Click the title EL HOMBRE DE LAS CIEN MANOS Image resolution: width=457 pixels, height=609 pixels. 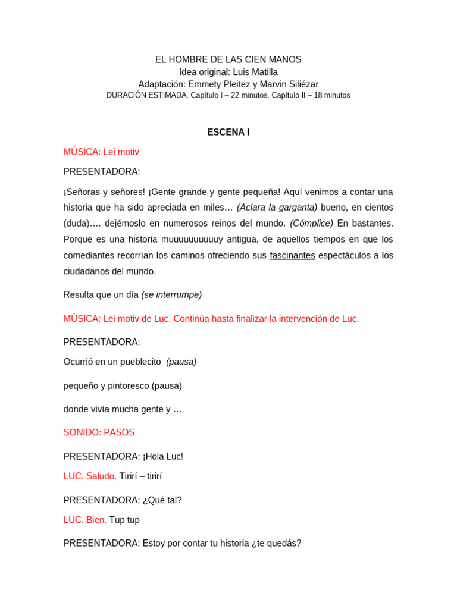click(228, 60)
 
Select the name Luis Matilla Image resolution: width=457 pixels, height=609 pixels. click(255, 72)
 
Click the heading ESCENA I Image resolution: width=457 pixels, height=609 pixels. click(228, 132)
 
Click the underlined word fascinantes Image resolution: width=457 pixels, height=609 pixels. click(292, 255)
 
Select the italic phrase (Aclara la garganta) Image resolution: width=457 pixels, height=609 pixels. click(277, 208)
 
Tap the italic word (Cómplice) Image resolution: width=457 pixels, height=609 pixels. click(311, 224)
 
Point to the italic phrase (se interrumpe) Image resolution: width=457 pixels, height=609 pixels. click(171, 295)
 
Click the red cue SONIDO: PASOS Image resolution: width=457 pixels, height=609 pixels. click(99, 432)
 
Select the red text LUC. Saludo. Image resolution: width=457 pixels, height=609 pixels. click(90, 476)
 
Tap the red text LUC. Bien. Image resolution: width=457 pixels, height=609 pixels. click(85, 520)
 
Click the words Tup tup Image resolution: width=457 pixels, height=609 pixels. click(124, 520)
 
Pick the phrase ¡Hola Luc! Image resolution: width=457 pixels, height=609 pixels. click(163, 457)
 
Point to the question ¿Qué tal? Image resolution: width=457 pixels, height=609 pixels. click(162, 500)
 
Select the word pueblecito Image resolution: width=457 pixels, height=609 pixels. click(140, 362)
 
